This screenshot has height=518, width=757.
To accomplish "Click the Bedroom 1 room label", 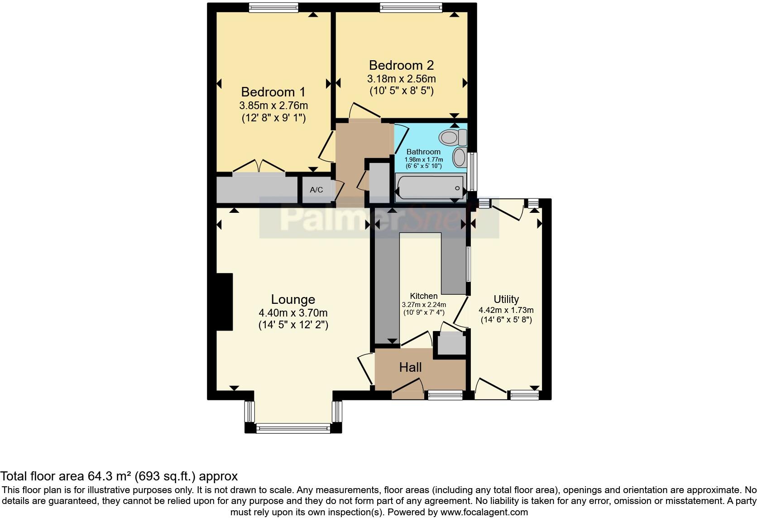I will tap(273, 92).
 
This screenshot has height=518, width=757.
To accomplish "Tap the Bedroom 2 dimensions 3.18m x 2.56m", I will tap(401, 79).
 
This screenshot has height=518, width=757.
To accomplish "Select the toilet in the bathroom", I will tap(453, 136).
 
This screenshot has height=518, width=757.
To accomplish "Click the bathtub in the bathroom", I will tap(430, 188).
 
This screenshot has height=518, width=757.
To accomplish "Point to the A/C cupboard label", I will tap(316, 190).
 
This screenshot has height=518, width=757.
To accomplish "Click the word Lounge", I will tap(293, 299).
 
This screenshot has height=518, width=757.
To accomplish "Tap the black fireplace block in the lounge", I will tap(224, 302).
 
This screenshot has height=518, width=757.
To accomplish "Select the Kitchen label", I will tap(424, 296).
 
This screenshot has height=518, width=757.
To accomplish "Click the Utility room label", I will tap(506, 299).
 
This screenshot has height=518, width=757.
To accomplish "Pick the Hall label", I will tap(410, 367).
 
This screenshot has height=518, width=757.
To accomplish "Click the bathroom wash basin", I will tap(460, 157).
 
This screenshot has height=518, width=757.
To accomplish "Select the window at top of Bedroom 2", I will tap(411, 7).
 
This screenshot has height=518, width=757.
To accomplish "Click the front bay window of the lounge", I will tap(293, 428).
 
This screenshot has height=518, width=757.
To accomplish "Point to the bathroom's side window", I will tap(473, 171).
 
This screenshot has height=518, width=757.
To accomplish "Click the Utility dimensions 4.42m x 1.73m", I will tap(506, 310).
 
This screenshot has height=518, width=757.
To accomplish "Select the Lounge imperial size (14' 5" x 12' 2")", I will tap(293, 325).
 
